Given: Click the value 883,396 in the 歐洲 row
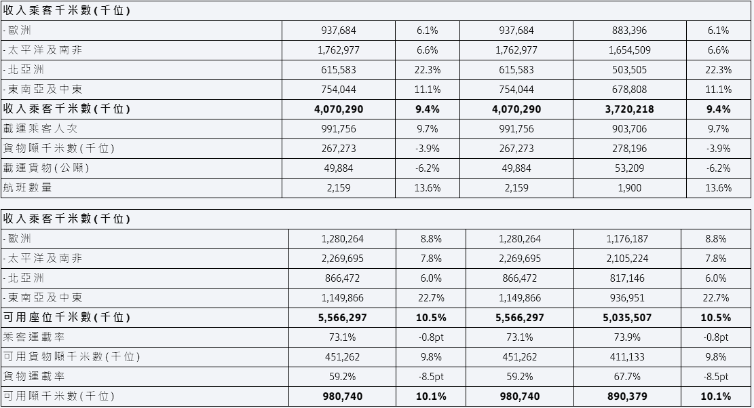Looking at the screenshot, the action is [629, 31].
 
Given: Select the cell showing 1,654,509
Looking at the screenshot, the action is [629, 50].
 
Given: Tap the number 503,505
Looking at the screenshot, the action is [629, 70].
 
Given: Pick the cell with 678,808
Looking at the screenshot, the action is [629, 90].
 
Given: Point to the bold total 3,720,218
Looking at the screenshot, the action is [629, 109].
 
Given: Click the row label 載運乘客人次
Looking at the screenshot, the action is [40, 128].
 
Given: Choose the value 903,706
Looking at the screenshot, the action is [629, 129].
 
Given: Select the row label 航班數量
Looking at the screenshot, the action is [27, 187].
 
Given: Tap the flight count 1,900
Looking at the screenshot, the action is [629, 187].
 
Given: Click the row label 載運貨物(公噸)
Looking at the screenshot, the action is [46, 168].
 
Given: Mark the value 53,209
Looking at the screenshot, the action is [629, 168].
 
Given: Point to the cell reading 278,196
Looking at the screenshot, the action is [629, 149].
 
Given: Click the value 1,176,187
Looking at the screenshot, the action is [627, 239].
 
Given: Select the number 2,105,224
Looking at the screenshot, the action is [627, 259].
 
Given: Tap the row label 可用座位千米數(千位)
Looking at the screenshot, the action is [67, 317].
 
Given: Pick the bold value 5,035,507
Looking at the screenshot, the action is [627, 318].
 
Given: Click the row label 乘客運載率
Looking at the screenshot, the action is [34, 337].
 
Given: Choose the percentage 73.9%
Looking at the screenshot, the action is [627, 337].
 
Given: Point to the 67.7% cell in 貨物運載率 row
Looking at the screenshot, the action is [627, 377].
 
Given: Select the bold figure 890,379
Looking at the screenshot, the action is [627, 396].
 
